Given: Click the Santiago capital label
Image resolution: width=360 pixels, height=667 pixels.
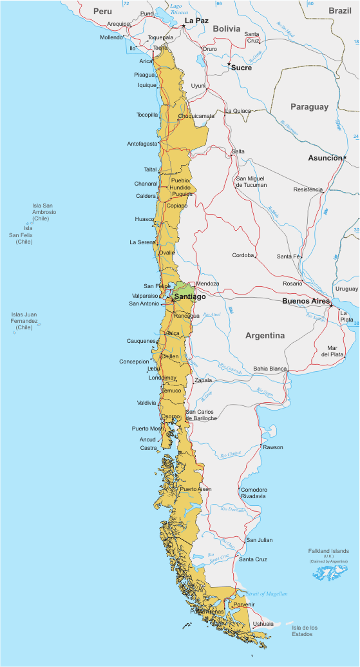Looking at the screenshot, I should point(190,296).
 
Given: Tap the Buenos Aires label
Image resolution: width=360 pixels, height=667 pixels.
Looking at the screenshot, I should point(306,301).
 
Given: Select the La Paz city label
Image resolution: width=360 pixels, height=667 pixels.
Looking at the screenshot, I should point(196,21).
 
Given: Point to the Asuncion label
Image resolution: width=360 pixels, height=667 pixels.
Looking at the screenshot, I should point(325,158).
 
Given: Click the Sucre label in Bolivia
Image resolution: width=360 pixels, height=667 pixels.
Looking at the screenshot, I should point(242,68).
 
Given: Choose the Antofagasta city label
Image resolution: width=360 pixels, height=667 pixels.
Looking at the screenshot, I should point(142,144).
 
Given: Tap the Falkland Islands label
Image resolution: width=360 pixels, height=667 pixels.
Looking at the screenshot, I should point(328,551).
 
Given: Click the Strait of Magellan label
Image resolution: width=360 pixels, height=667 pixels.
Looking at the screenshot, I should point(266,594).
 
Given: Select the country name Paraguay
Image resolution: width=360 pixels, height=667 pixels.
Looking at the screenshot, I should point(309,107).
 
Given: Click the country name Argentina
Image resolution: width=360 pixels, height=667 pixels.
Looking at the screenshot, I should point(265,336).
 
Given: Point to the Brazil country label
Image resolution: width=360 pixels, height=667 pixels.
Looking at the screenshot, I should point(339,11).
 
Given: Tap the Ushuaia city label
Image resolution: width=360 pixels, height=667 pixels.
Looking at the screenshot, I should point(263,624).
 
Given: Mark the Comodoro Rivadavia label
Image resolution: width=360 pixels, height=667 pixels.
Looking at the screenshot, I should point(254,493).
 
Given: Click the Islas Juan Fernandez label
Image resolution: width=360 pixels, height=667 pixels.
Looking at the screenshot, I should point(24,321).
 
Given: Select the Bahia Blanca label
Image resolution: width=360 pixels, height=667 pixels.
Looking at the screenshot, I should point(270,369).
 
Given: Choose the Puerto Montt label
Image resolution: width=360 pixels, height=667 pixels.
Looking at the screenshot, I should point(147,429).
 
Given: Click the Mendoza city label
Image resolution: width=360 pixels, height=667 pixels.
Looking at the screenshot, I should point(208,284).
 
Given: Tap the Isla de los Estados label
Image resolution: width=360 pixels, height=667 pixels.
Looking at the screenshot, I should point(305,630).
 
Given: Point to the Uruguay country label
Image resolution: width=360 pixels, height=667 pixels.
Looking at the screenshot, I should point(346,289).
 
